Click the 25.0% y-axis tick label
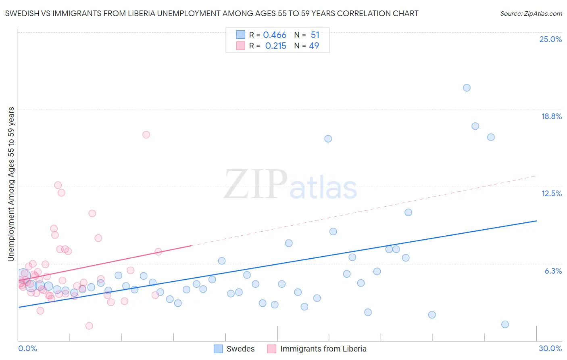point(550,39)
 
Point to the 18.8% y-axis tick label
point(551,116)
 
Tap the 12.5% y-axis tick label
point(551,193)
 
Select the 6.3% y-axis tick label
point(553,271)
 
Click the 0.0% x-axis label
point(27,348)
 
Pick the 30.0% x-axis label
point(550,348)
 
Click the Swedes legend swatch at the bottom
point(218,349)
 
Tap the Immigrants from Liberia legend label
point(323,349)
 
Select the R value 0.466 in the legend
point(275,35)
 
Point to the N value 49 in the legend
point(314,46)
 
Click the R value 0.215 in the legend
point(275,46)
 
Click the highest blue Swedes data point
point(467,88)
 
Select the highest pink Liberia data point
point(146,134)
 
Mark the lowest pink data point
point(89,326)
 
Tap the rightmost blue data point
point(505,324)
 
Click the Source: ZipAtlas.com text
point(531,14)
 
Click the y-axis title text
point(11,184)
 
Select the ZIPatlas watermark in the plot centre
point(290,185)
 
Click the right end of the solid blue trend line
point(536,221)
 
